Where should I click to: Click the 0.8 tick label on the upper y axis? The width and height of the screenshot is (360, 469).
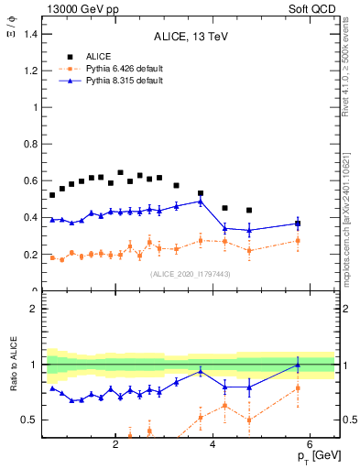(33, 144)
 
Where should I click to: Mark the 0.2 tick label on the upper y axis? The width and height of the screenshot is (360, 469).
(33, 255)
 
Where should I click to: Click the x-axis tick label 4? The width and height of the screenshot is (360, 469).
(213, 445)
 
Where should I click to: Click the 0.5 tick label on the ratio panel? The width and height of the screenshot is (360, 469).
(33, 420)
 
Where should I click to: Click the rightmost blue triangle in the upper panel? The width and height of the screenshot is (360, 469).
(298, 223)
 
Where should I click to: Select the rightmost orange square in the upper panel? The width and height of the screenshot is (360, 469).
(298, 241)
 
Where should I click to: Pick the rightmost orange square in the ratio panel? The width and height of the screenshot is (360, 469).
(298, 388)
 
